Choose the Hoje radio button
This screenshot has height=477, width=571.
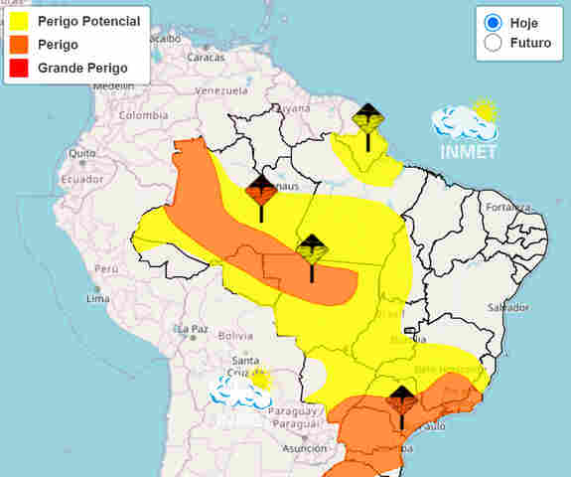(x=493, y=22)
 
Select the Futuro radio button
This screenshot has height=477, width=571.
(x=493, y=43)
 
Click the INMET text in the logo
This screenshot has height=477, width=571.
(x=469, y=152)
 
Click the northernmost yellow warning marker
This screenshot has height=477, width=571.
(x=368, y=118)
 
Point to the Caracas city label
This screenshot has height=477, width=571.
(x=207, y=57)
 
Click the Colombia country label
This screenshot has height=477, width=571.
(x=143, y=115)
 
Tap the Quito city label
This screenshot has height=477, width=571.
(x=81, y=153)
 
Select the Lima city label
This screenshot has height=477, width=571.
(x=97, y=298)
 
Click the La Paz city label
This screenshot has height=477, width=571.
(x=193, y=329)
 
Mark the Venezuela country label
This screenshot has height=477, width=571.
(x=220, y=90)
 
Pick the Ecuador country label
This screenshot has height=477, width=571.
(x=81, y=180)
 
